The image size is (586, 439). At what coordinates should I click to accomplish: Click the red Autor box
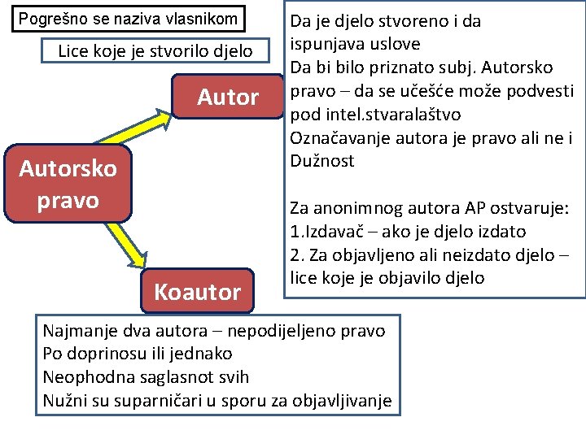click(228, 98)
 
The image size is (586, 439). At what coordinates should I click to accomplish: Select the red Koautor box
click(198, 291)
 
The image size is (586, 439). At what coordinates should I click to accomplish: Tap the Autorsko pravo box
click(68, 185)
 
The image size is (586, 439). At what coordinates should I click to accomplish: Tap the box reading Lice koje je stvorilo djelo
click(155, 52)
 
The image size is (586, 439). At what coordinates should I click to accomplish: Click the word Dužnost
click(322, 161)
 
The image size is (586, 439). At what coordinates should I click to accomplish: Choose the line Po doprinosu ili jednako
click(138, 354)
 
